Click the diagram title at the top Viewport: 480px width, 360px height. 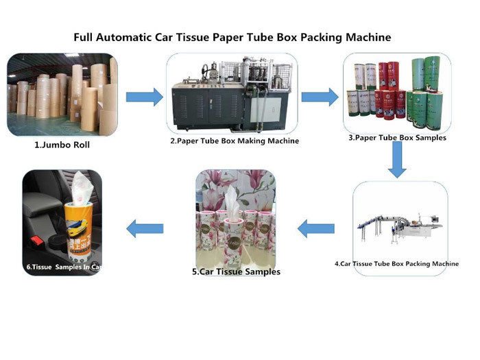(x=232, y=36)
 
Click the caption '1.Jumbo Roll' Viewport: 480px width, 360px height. (x=62, y=146)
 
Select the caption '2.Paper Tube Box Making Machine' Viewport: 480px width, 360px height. (x=234, y=141)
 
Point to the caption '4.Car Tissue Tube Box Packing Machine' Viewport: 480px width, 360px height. (x=397, y=263)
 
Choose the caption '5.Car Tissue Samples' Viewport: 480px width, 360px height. (x=236, y=272)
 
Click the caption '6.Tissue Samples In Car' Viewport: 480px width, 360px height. (x=62, y=267)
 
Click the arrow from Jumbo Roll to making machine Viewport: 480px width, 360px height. (x=144, y=97)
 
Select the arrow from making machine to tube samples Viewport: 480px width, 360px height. (x=320, y=97)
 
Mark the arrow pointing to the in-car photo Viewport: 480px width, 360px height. (x=145, y=227)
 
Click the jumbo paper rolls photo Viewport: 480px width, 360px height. (x=62, y=96)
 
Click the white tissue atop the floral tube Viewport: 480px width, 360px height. (x=231, y=200)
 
